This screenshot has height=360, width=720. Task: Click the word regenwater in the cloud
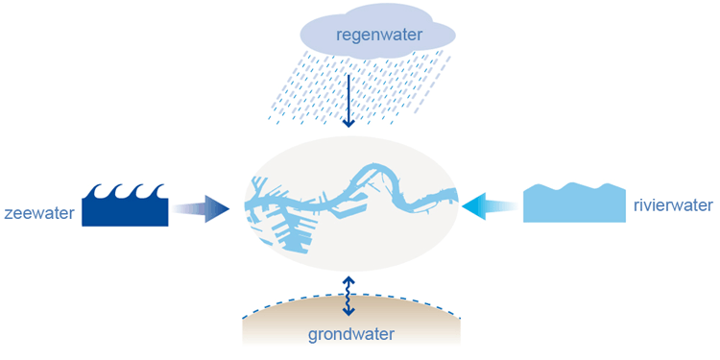378,35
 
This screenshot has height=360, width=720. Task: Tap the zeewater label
39,213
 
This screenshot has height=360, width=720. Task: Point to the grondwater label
350,334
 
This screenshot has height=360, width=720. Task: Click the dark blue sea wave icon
125,204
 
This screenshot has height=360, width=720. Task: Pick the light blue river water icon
574,203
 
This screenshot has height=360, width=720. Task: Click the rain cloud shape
377,35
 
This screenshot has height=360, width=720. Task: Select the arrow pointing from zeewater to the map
202,209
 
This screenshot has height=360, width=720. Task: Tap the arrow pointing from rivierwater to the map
490,204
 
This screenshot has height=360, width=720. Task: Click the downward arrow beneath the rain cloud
349,101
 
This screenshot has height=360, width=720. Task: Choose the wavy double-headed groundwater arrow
349,296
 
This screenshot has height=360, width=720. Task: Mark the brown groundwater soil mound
351,320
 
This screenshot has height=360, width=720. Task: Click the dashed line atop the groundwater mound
351,295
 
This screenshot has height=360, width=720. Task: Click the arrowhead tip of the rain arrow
349,127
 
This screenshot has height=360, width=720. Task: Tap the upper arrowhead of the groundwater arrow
349,279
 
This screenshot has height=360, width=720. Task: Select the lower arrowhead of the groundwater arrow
349,313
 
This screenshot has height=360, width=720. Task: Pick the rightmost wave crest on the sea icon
158,189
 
